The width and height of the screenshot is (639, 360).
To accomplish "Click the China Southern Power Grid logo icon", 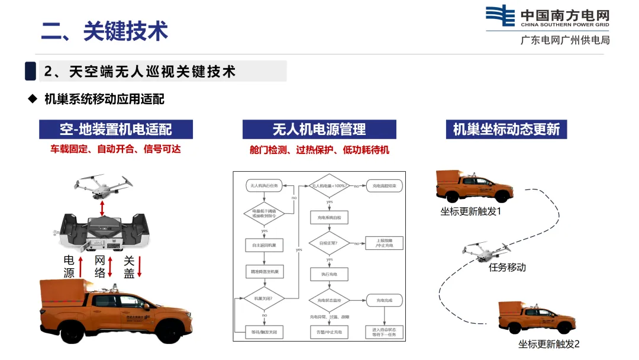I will coord(500,16).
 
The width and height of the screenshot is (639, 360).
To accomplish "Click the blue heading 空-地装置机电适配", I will coord(116,129).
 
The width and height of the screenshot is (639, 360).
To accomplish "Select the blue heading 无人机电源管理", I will coord(319,129).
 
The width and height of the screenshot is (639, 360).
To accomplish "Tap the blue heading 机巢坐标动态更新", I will coord(506,129).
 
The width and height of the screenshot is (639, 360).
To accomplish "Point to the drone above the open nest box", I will coord(103,185).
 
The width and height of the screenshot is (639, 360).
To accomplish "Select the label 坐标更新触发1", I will coord(471,211).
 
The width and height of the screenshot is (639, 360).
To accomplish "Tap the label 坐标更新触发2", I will coord(549,343).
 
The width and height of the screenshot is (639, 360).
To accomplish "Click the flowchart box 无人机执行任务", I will coord(264,186).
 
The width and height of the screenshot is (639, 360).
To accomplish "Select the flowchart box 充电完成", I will coord(385,301).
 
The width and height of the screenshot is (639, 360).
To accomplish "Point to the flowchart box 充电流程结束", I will coord(385,186).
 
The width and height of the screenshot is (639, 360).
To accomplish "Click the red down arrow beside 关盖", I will coord(140,267).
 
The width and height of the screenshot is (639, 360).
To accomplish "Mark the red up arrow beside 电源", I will coord(80,267).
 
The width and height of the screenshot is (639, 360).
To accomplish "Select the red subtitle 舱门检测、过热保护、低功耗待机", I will coord(319,150).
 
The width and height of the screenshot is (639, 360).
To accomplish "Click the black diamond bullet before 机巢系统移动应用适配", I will coord(33,98).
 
